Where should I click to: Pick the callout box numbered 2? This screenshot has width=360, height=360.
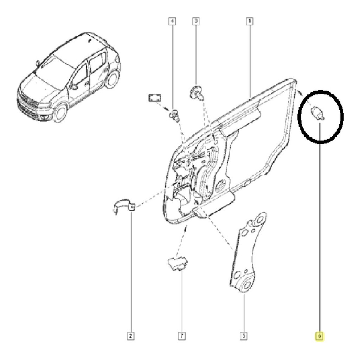[131, 336]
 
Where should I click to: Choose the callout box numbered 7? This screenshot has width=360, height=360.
[182, 336]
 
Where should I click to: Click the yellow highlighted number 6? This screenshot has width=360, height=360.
[320, 336]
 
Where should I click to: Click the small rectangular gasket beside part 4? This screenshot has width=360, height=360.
[154, 98]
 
